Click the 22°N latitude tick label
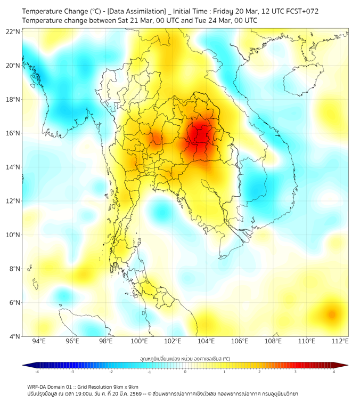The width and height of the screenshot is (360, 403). tap(13, 32)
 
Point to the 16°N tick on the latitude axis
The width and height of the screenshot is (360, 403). tap(13, 133)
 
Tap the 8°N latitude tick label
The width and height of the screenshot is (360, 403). tap(14, 269)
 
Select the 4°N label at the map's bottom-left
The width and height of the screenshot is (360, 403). tap(14, 336)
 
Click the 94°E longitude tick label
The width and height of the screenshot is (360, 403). tap(39, 341)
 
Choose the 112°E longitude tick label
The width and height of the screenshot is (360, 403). tap(340, 341)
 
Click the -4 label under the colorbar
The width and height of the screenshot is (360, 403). tap(37, 372)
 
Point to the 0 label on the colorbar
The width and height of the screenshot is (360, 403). tap(185, 372)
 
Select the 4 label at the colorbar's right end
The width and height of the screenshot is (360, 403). tap(334, 372)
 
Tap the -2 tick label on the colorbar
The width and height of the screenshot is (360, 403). tap(111, 372)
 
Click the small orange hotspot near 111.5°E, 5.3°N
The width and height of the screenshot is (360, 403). tap(331, 315)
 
